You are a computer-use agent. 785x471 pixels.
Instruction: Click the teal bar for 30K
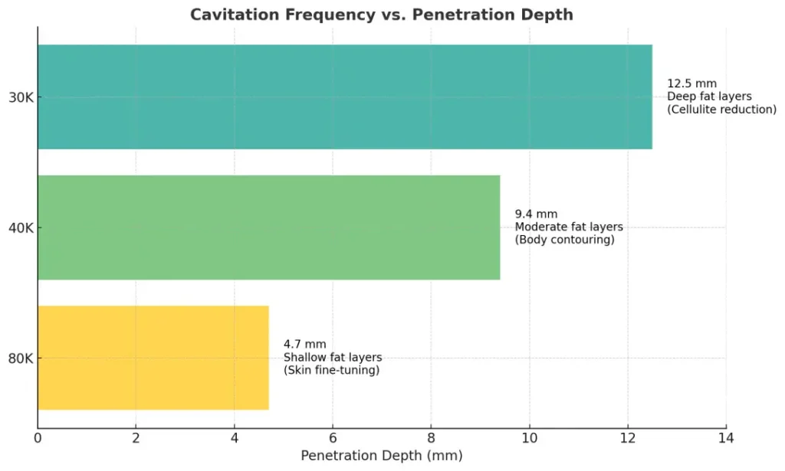tap(345, 96)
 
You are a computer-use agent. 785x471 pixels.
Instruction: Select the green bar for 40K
tap(268, 227)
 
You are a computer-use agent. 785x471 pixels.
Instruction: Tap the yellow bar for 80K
tap(153, 358)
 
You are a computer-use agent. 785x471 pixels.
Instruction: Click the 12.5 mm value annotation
tap(691, 83)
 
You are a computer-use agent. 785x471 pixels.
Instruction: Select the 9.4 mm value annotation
tap(536, 214)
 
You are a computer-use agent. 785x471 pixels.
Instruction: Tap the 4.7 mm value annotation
tap(304, 345)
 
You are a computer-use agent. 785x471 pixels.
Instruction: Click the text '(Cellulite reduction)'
tap(721, 110)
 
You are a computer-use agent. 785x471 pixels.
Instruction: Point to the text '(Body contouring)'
tap(564, 240)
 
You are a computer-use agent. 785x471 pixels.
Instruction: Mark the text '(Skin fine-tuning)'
tap(331, 371)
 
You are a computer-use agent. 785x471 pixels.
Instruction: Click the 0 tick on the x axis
tap(38, 438)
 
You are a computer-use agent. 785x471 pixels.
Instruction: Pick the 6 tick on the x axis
tap(333, 438)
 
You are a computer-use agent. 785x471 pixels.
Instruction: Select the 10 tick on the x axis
tap(529, 438)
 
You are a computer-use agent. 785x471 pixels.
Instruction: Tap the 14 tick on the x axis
tap(726, 438)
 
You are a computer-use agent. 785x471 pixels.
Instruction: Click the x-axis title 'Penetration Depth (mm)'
tap(382, 456)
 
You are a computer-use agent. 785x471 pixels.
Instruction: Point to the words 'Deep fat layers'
tap(709, 96)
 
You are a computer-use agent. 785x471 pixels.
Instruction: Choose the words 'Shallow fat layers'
tap(333, 358)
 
